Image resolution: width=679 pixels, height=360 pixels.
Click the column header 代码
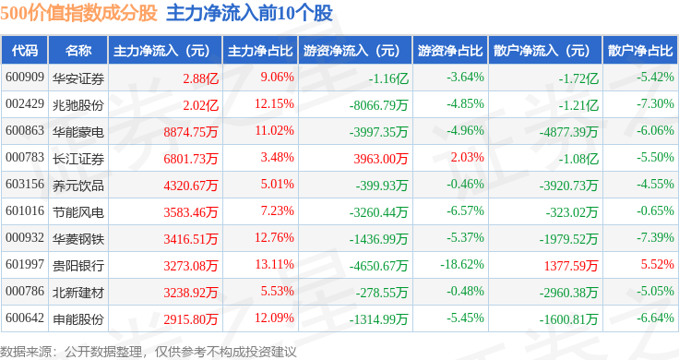(25, 51)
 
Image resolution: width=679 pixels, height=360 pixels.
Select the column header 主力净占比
(260, 51)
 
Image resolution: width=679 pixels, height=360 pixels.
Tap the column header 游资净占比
(450, 51)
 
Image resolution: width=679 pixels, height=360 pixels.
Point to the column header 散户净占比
(640, 51)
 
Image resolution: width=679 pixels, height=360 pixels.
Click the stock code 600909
(25, 78)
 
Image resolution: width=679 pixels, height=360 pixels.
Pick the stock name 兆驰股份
(78, 105)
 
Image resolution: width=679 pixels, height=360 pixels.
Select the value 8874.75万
(191, 132)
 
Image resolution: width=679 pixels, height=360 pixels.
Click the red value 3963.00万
(381, 159)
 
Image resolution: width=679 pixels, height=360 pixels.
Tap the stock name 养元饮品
(78, 186)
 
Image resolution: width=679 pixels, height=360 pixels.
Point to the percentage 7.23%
(277, 211)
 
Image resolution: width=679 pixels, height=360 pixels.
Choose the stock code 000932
(25, 238)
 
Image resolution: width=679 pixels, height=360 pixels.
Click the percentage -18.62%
(462, 264)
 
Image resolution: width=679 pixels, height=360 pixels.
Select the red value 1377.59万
(571, 266)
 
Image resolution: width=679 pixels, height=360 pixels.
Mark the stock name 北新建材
(78, 293)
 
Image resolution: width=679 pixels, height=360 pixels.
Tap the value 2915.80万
(191, 319)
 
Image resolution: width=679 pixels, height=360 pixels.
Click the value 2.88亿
(200, 78)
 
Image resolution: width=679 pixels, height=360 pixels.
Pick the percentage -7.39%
(655, 238)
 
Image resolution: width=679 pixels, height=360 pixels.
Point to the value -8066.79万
(378, 105)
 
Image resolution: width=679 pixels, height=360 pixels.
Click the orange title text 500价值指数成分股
(78, 13)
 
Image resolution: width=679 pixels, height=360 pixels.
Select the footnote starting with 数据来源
(149, 352)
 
